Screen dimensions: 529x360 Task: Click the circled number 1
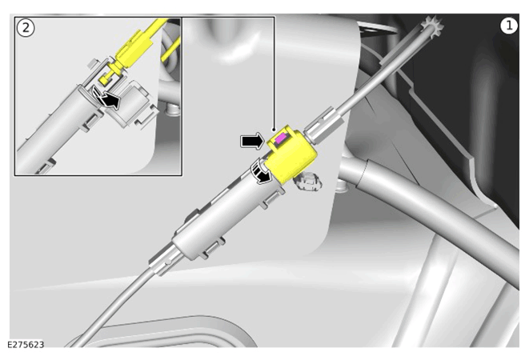(x=508, y=26)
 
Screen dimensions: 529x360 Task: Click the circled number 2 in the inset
(x=26, y=28)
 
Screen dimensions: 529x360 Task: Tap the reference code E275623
(x=26, y=345)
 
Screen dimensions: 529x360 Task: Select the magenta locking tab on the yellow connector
(x=281, y=138)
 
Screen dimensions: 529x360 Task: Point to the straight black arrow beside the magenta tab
(x=251, y=141)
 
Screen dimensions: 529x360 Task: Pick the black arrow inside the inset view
(x=106, y=98)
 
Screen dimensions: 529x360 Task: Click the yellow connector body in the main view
(x=291, y=154)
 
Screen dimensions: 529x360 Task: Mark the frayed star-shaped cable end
(x=432, y=27)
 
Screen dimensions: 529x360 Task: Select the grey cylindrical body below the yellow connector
(x=226, y=214)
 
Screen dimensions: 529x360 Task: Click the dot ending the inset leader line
(x=274, y=130)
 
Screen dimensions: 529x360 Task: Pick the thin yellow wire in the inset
(x=170, y=50)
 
